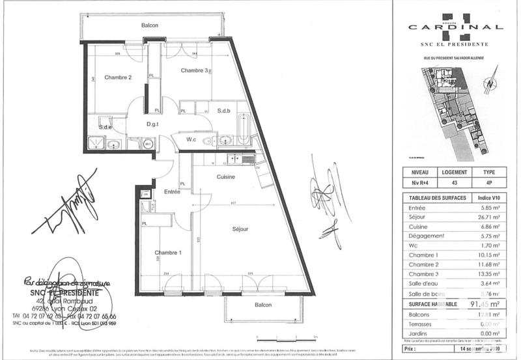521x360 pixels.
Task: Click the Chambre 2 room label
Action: pyautogui.click(x=118, y=77)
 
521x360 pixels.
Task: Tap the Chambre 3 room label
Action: pyautogui.click(x=194, y=70)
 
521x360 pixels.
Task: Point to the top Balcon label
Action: pyautogui.click(x=150, y=25)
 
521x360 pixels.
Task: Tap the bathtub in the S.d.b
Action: pyautogui.click(x=243, y=130)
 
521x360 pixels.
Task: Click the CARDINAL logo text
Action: pyautogui.click(x=455, y=27)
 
